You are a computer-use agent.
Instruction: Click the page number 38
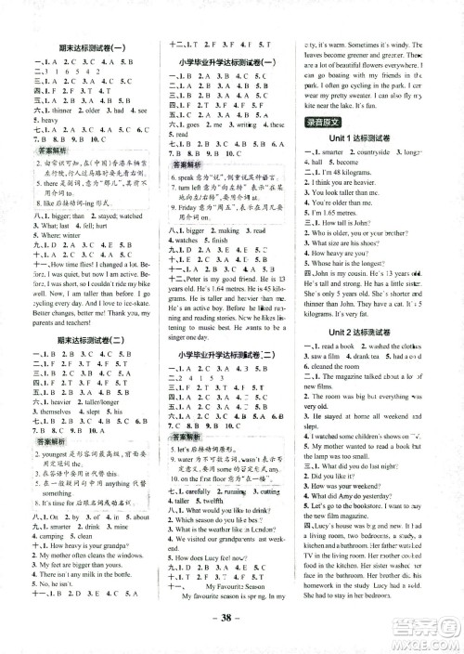coord(232,639)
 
